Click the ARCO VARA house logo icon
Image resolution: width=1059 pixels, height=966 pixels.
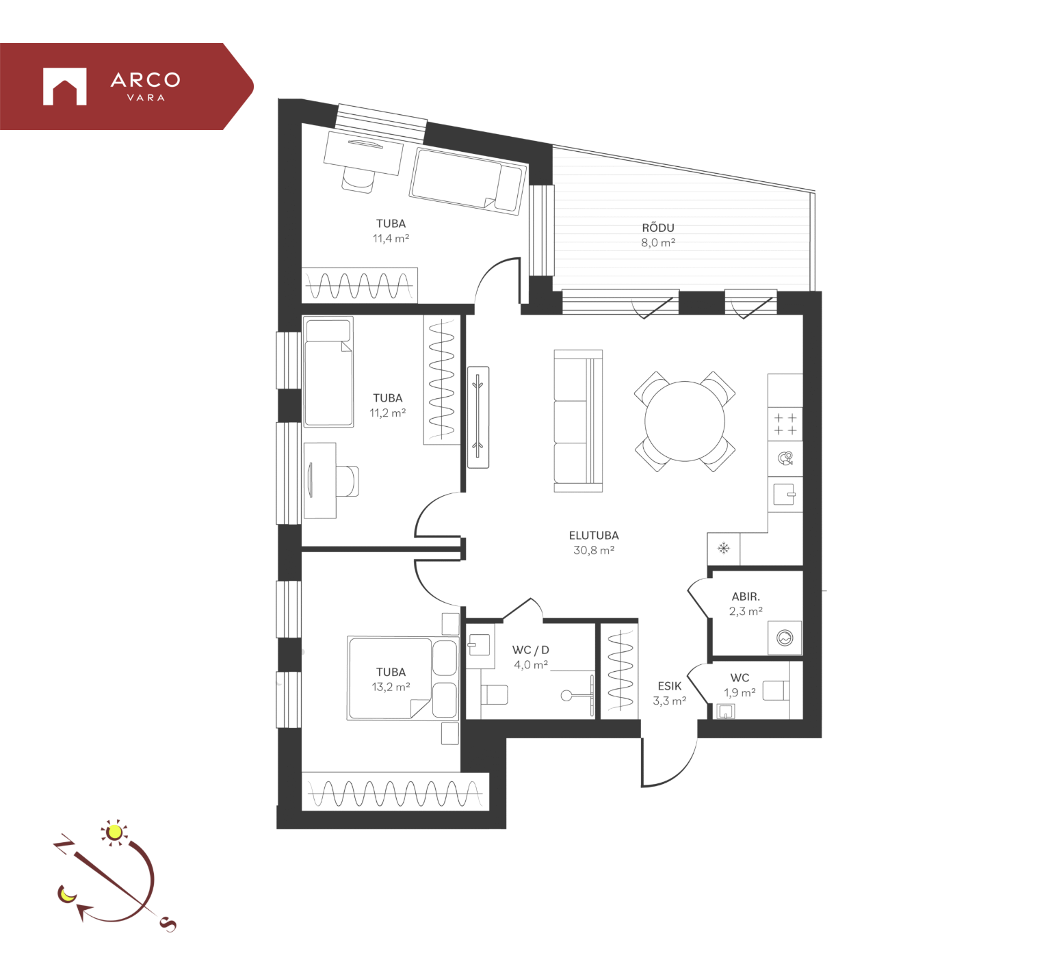coord(64,86)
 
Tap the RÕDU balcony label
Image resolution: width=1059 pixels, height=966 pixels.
coord(657,228)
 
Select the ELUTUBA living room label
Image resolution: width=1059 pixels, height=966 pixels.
coord(593,536)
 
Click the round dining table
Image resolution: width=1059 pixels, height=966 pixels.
coord(684,421)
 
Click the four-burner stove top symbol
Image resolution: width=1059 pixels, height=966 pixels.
coord(785,424)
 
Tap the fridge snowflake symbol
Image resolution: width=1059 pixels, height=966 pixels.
coord(723,548)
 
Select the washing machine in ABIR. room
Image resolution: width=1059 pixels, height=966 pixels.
coord(785,638)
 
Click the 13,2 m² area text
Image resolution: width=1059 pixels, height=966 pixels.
coord(391,687)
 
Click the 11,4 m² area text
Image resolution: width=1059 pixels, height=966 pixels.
coord(391,239)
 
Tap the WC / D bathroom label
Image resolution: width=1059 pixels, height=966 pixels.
coord(530,650)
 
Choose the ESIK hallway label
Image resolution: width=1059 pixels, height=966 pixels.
coord(669,686)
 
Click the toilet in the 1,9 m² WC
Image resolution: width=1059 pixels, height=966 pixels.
coord(774,690)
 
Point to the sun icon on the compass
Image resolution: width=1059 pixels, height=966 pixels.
coord(114,832)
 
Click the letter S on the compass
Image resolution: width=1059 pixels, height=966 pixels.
coord(168,924)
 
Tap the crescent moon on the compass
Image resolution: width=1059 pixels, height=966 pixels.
coord(67,893)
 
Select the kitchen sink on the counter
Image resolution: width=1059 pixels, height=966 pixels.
coord(784,494)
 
